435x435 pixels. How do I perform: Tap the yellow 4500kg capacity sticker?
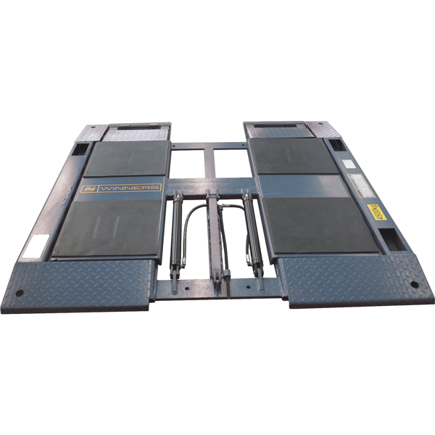[x=377, y=212]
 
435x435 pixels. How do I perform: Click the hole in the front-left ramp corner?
[x=20, y=294]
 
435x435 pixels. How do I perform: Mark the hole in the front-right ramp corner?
[x=413, y=283]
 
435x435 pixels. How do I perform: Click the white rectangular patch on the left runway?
[x=33, y=249]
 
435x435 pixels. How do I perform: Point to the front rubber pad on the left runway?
[x=107, y=227]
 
